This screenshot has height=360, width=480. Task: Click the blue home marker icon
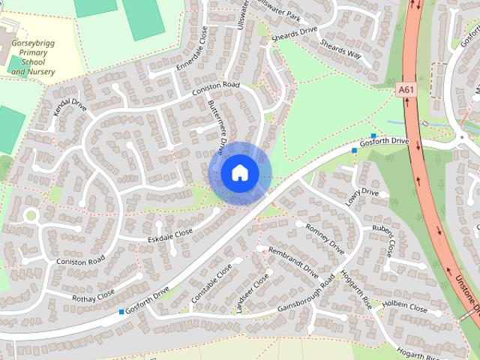239,173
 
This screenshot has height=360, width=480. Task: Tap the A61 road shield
406,90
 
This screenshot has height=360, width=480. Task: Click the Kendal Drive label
70,117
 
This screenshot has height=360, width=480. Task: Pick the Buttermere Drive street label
217,124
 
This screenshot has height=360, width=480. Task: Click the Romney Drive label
325,239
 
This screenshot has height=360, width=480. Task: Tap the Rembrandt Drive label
293,262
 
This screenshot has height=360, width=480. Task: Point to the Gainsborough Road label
306,295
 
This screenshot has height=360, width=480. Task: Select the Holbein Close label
406,307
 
